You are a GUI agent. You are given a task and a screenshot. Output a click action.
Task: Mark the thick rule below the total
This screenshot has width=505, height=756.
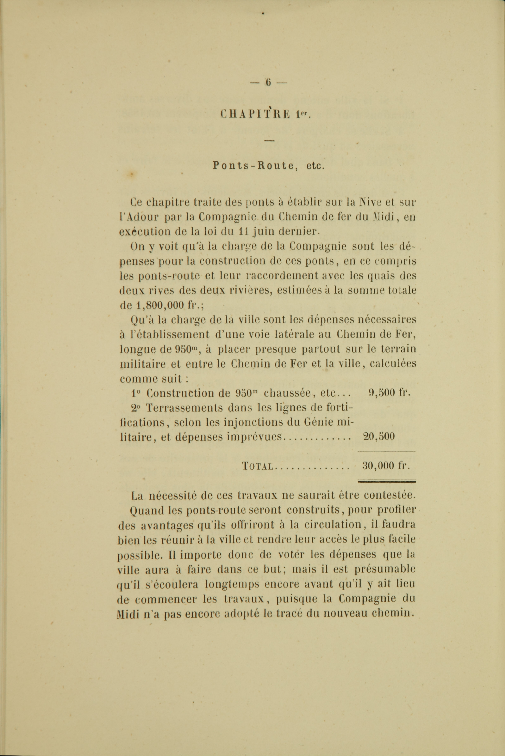click(387, 482)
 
